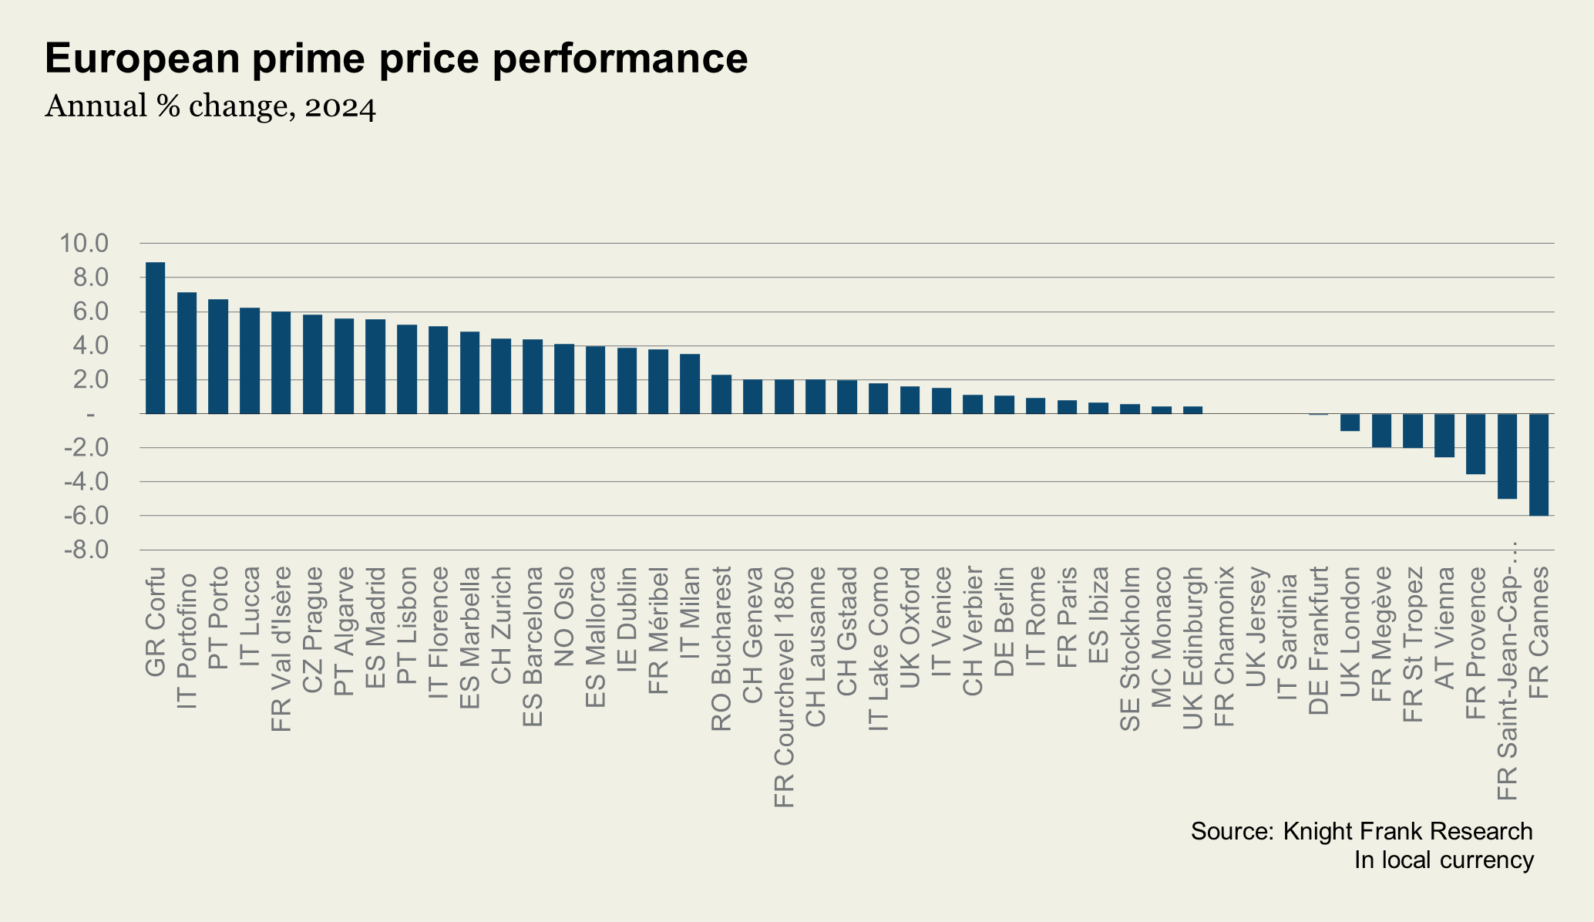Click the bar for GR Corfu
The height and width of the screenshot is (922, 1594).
[x=155, y=338]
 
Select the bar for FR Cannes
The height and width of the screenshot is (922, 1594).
[x=1539, y=464]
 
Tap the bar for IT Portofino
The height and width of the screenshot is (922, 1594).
[x=187, y=353]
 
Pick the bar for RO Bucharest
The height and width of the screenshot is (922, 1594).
[x=721, y=394]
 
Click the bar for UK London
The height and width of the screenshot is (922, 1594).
[x=1350, y=422]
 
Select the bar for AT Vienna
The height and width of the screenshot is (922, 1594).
[x=1444, y=436]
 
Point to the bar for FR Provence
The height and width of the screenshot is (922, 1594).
[x=1475, y=444]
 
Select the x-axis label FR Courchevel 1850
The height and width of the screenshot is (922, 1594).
[x=784, y=687]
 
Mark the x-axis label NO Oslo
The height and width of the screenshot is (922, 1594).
[x=564, y=617]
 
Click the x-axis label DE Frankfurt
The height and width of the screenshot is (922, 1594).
[x=1319, y=641]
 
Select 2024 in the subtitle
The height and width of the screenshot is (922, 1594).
[x=340, y=107]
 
